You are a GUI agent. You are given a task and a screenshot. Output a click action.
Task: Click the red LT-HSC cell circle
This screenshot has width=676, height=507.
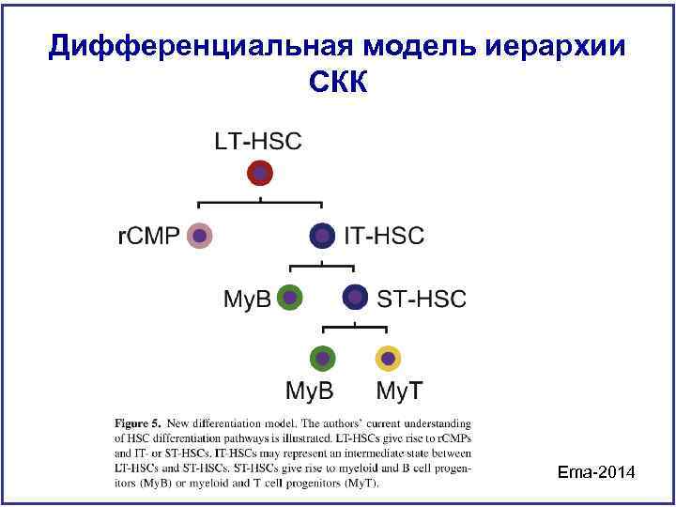pyautogui.click(x=260, y=174)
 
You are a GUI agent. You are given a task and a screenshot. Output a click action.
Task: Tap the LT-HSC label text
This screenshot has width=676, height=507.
pyautogui.click(x=258, y=143)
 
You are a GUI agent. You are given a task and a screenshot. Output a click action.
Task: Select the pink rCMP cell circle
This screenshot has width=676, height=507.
pyautogui.click(x=199, y=236)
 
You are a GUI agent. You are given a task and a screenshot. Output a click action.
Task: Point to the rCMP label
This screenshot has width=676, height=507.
pyautogui.click(x=148, y=237)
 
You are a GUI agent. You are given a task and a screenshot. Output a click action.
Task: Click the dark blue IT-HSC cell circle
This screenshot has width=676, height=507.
pyautogui.click(x=322, y=236)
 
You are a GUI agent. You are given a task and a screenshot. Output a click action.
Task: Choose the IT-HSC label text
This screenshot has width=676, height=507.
pyautogui.click(x=385, y=237)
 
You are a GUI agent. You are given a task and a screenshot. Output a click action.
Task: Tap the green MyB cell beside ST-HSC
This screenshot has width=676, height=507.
pyautogui.click(x=290, y=298)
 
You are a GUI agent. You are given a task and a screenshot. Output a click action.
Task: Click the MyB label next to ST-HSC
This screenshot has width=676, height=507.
pyautogui.click(x=247, y=300)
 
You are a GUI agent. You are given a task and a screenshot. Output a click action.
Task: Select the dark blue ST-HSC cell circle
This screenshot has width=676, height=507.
pyautogui.click(x=354, y=298)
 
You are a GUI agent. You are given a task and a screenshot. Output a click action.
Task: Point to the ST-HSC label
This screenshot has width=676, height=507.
pyautogui.click(x=421, y=300)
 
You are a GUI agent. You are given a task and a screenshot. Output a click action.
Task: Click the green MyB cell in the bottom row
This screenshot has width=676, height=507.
pyautogui.click(x=322, y=359)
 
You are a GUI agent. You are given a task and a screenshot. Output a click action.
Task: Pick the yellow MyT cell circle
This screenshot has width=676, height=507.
pyautogui.click(x=387, y=359)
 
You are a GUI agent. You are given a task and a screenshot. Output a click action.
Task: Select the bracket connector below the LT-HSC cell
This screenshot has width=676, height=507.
pyautogui.click(x=260, y=202)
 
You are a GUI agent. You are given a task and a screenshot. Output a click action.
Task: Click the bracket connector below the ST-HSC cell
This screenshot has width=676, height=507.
pyautogui.click(x=354, y=327)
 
